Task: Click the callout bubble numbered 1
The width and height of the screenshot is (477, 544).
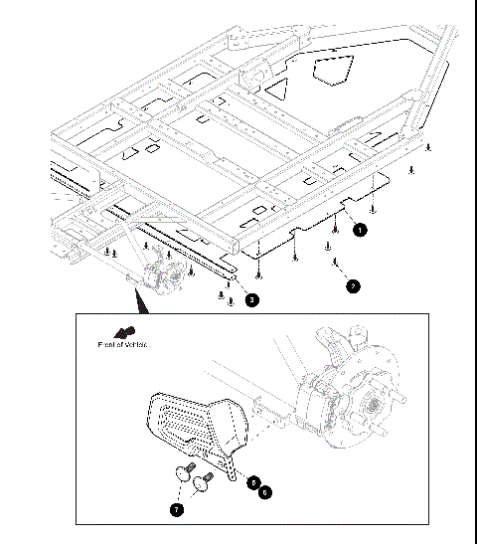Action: click(360, 228)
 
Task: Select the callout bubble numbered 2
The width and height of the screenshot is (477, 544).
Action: click(353, 285)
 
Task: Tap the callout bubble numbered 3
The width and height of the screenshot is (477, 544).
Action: click(252, 298)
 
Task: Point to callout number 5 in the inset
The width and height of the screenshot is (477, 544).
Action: click(254, 481)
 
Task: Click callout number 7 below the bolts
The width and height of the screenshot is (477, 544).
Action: click(177, 509)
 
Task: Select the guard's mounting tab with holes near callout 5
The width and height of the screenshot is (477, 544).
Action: click(230, 464)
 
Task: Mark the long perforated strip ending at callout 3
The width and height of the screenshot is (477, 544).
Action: click(189, 255)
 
